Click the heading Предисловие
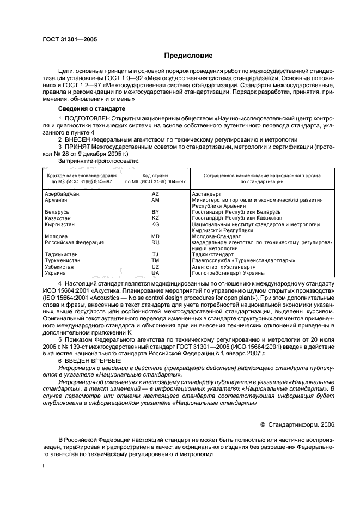tap(188, 56)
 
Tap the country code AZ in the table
tap(155, 194)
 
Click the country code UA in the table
tap(155, 273)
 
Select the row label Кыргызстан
tap(60, 224)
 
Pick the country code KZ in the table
tap(155, 217)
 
